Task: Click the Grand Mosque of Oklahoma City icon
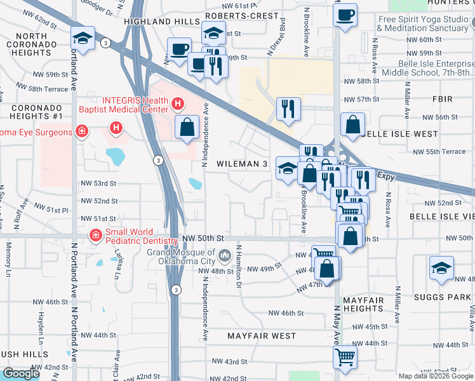click(x=225, y=257)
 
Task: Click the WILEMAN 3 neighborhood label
click(x=242, y=164)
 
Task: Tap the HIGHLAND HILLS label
click(x=153, y=21)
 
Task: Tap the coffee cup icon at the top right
click(x=345, y=15)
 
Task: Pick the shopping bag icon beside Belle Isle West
click(x=352, y=124)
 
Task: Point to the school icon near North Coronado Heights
click(x=83, y=38)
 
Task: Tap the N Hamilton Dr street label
click(x=239, y=267)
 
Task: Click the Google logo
click(x=21, y=373)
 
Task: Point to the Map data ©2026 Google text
click(x=435, y=376)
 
